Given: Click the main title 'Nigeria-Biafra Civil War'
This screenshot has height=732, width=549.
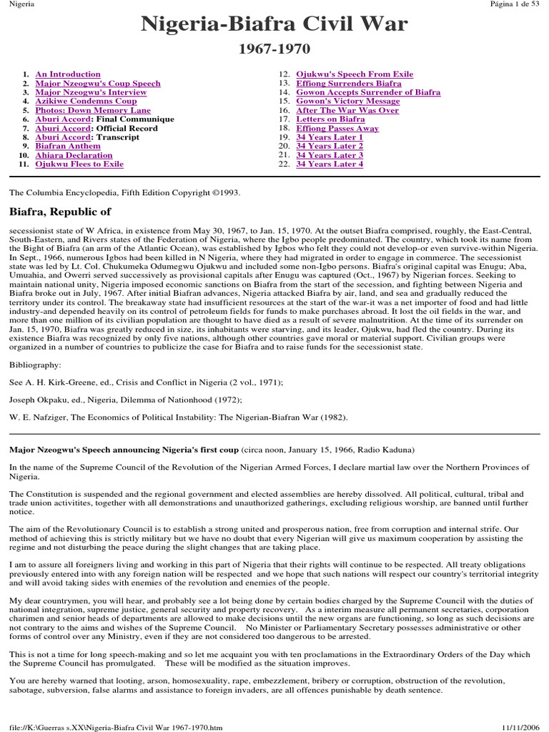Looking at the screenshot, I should coord(274,26).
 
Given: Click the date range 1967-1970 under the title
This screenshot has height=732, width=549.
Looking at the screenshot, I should coord(274,50).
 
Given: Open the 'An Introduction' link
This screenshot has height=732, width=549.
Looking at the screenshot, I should coord(68,74).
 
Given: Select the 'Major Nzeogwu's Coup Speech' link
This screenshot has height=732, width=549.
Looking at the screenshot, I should coord(98,84).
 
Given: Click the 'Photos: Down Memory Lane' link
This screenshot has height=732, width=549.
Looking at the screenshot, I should coord(93,111).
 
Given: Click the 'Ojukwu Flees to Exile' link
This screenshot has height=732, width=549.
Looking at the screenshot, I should coord(79,164).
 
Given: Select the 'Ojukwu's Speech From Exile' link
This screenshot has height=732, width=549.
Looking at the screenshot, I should coord(355,74).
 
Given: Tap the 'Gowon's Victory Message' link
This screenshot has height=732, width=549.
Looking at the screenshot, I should coord(348,102).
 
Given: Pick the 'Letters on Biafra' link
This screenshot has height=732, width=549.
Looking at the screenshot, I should coord(331,119).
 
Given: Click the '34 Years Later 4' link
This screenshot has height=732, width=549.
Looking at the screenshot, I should coord(330,164).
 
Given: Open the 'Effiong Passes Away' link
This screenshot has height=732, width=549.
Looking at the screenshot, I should coord(337,129).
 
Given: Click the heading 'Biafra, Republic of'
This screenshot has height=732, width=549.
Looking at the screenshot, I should coord(60,212).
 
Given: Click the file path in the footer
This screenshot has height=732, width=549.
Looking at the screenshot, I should coord(114,727).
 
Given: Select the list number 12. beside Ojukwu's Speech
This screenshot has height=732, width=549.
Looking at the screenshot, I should coord(284,74).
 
